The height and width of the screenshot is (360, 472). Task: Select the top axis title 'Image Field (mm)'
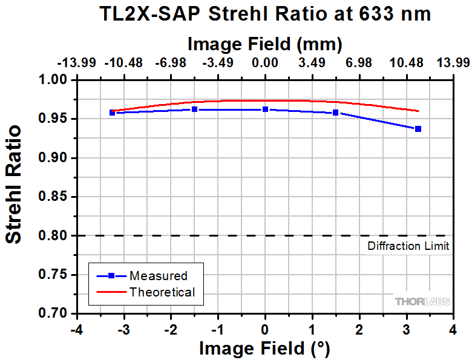point(265,44)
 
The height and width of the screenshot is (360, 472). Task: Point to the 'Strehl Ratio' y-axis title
point(13,184)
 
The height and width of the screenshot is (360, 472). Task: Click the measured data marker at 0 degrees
point(265,110)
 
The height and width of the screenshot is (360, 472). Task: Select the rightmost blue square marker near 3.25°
point(418,129)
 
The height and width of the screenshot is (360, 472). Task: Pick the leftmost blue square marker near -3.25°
point(112,113)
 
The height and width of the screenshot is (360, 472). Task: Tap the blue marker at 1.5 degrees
point(336,113)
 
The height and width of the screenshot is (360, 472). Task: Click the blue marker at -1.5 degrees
point(194,110)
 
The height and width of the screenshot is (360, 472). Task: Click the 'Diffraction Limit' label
point(408,246)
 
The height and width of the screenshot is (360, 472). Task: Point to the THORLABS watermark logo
point(422,301)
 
